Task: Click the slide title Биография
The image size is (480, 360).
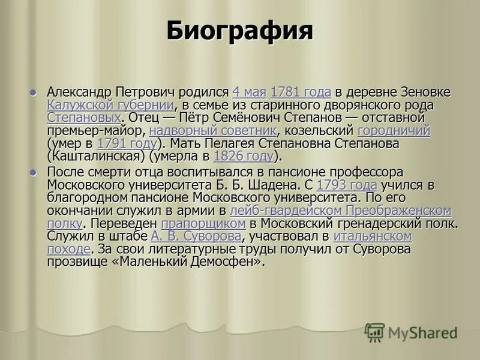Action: (239, 31)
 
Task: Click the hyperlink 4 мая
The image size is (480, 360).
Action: (249, 92)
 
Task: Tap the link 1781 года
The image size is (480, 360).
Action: (301, 92)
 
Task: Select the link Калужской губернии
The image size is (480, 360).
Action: (110, 105)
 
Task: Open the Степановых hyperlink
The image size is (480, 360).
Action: (83, 118)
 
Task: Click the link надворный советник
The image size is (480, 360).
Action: (212, 131)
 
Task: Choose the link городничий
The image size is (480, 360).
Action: (394, 131)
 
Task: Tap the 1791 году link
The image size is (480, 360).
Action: (127, 144)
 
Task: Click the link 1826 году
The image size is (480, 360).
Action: (243, 157)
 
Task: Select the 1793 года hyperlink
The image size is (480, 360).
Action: (346, 185)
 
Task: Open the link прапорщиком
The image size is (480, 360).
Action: (203, 224)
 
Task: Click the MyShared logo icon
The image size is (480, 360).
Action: (374, 332)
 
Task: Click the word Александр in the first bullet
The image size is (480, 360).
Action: (79, 92)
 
